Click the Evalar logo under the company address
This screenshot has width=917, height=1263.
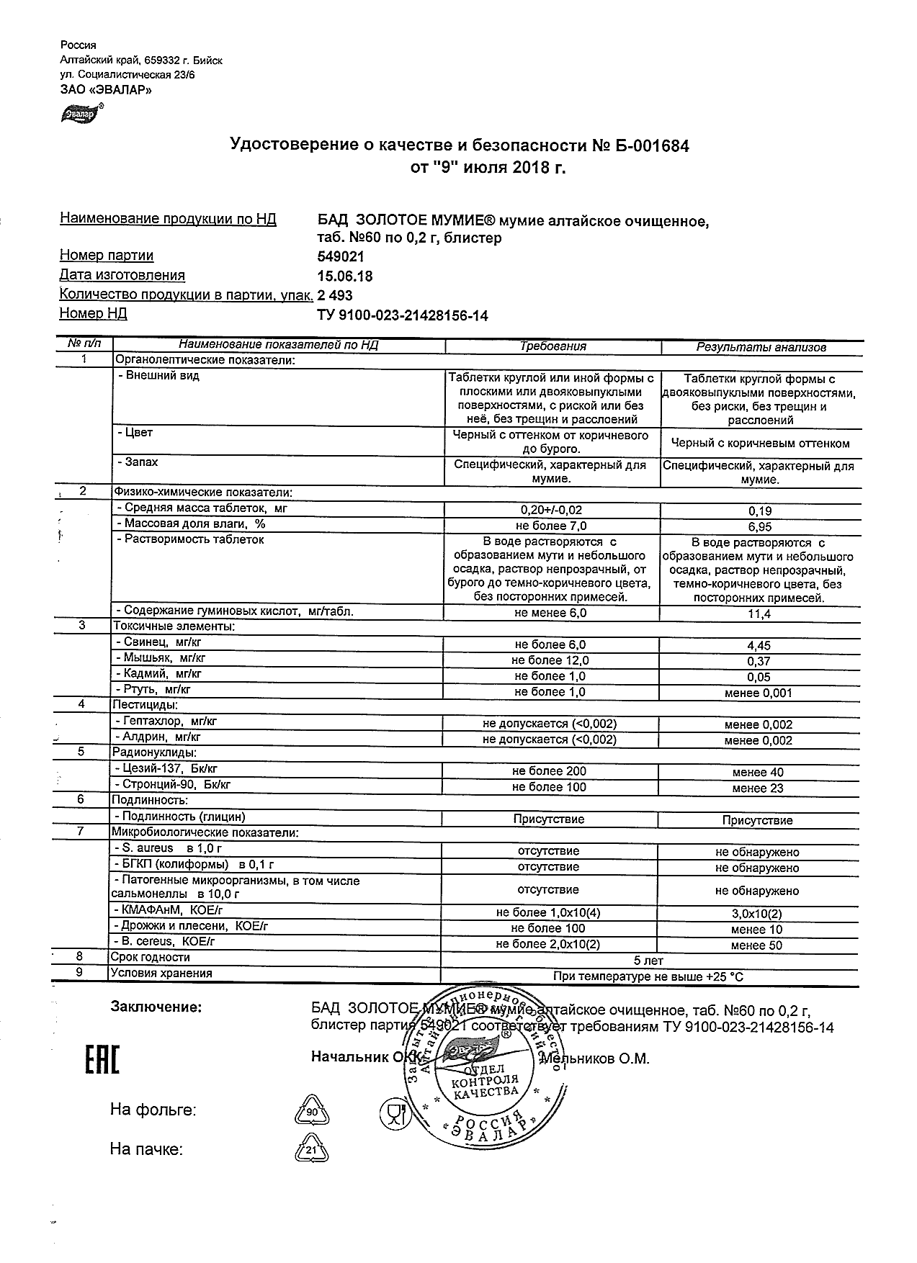pyautogui.click(x=82, y=112)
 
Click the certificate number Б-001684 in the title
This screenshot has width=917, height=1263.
pyautogui.click(x=650, y=146)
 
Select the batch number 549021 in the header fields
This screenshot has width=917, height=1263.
pyautogui.click(x=341, y=257)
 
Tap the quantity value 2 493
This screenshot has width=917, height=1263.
pyautogui.click(x=335, y=295)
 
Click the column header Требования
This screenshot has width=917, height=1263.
pyautogui.click(x=553, y=346)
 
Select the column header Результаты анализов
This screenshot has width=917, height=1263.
pyautogui.click(x=761, y=347)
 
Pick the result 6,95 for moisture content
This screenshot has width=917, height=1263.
pyautogui.click(x=760, y=527)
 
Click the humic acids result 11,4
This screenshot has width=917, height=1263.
pyautogui.click(x=760, y=613)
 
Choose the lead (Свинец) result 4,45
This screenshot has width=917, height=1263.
pyautogui.click(x=760, y=646)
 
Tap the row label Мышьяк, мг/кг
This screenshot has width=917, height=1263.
pyautogui.click(x=158, y=658)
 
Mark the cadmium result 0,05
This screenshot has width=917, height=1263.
pyautogui.click(x=760, y=677)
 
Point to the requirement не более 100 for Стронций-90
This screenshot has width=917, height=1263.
pyautogui.click(x=549, y=787)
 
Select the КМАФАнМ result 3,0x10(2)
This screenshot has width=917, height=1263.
pyautogui.click(x=757, y=914)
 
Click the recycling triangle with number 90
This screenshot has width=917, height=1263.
pyautogui.click(x=312, y=1113)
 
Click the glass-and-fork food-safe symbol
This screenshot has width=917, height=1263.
pyautogui.click(x=393, y=1113)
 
